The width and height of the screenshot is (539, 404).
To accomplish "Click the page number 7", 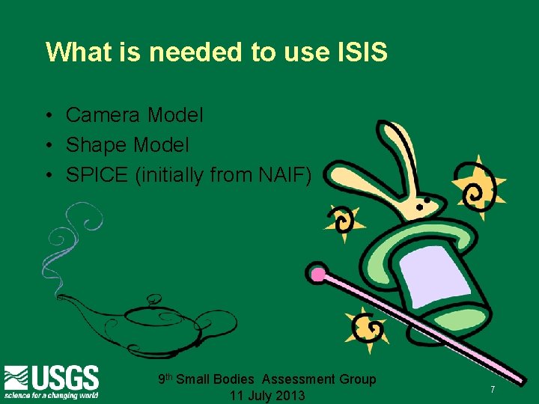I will [x=493, y=390].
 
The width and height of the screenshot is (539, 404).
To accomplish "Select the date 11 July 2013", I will [x=267, y=395].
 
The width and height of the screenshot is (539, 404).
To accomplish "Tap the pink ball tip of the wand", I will [x=317, y=275].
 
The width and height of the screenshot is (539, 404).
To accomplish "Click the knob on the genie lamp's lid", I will [x=153, y=300].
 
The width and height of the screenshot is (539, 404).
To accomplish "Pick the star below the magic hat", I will [x=366, y=327].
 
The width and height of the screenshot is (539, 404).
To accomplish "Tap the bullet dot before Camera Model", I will [x=46, y=116].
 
